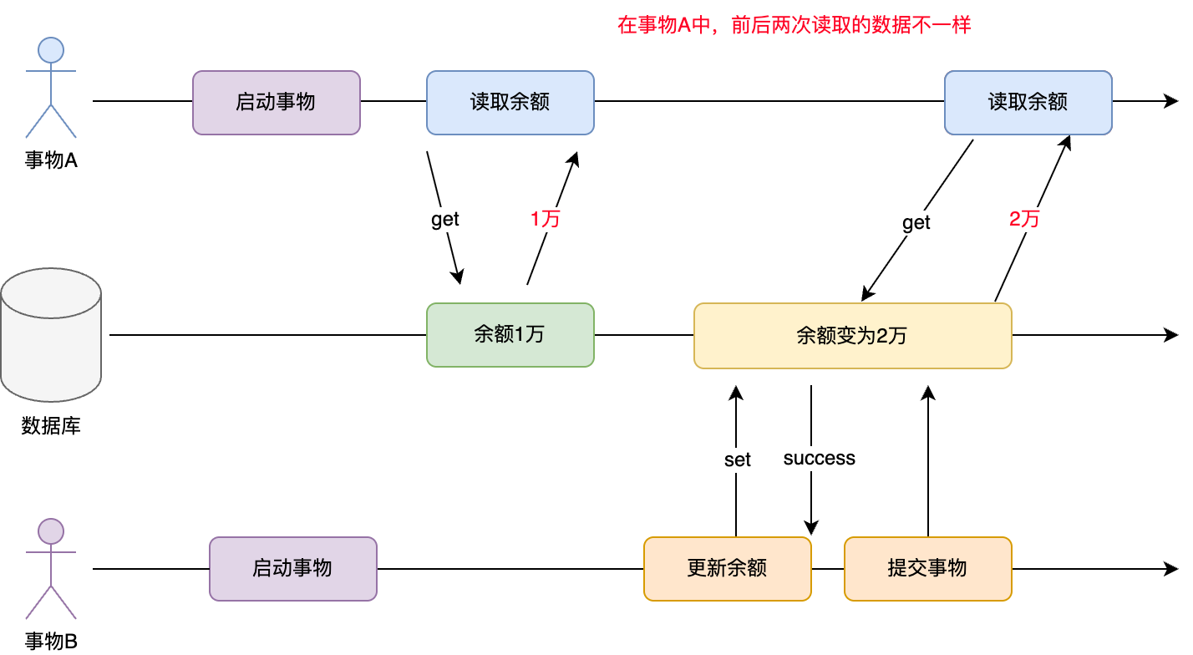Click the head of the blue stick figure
tap(51, 50)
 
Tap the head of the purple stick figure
tap(51, 531)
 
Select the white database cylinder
tap(51, 343)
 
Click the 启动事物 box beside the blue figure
tap(277, 103)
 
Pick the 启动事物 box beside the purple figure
tap(293, 569)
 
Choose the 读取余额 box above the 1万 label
tap(510, 103)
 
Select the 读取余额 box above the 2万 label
tap(1028, 103)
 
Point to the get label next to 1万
tap(445, 220)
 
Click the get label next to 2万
tap(916, 223)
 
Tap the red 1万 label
tap(546, 220)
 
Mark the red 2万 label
tap(1025, 220)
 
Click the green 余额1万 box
tap(510, 335)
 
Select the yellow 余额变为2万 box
tap(853, 336)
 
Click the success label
tap(820, 459)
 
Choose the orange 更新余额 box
tap(728, 569)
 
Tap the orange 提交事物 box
tap(928, 569)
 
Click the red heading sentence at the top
tap(794, 25)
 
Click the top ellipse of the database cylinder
tap(51, 293)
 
